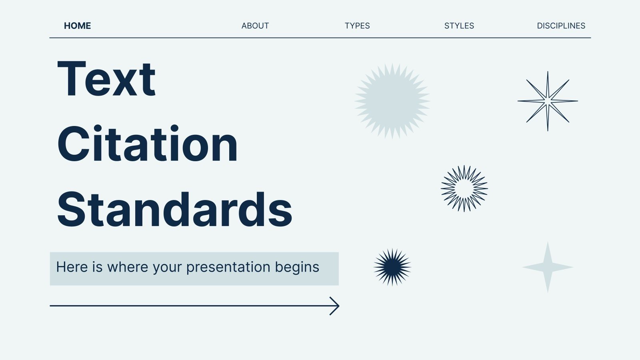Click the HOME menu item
click(x=78, y=26)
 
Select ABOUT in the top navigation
click(x=255, y=26)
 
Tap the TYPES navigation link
click(x=357, y=26)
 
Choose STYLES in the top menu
click(x=459, y=26)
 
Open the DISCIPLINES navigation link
click(x=561, y=26)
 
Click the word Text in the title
click(x=106, y=78)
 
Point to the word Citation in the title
click(x=148, y=144)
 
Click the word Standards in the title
click(x=175, y=210)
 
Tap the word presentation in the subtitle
click(x=228, y=268)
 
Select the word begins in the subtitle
click(x=297, y=268)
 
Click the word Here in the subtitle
click(x=72, y=267)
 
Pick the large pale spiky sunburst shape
click(x=392, y=101)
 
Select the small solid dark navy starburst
click(x=392, y=267)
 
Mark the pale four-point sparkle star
click(x=548, y=267)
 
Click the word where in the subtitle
click(x=128, y=267)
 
